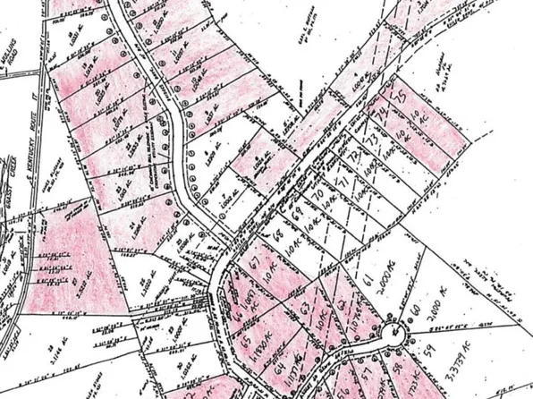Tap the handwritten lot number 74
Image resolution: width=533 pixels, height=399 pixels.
[386, 113]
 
